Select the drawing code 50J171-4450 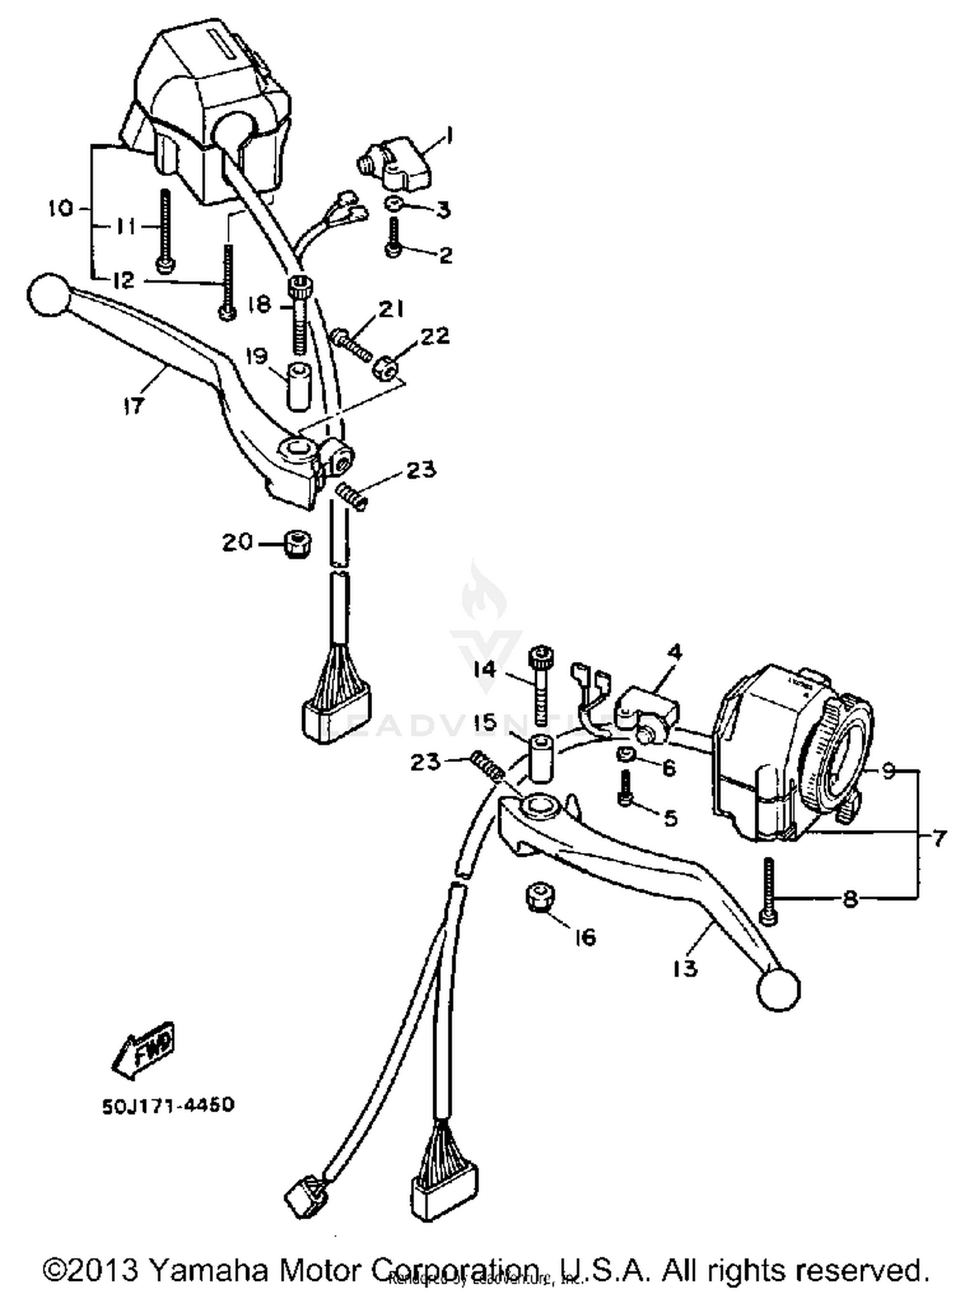click(168, 1105)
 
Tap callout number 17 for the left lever click(132, 407)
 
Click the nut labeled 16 click(538, 897)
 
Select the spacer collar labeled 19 click(298, 387)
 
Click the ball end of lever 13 click(778, 989)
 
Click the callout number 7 click(939, 839)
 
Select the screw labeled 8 click(769, 890)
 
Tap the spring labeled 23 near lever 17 click(352, 498)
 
